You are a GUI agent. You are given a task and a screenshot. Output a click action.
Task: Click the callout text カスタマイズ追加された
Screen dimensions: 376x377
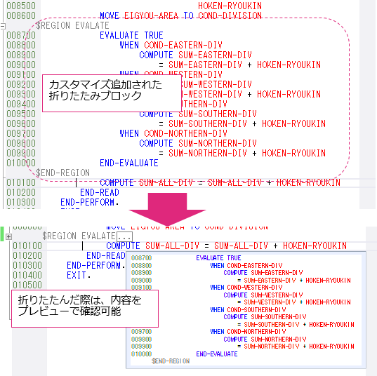[105, 84]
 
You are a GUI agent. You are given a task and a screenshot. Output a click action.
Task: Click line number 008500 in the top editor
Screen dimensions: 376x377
[20, 6]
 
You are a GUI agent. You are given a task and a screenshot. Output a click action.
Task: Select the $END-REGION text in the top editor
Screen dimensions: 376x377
[63, 173]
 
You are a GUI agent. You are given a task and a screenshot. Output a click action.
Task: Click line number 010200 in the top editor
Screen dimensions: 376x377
[20, 192]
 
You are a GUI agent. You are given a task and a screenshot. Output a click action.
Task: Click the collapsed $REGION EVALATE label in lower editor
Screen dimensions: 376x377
[78, 236]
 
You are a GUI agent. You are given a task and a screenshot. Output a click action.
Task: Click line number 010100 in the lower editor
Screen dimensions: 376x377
[27, 246]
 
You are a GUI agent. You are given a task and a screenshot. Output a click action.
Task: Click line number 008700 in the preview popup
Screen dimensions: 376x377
[141, 258]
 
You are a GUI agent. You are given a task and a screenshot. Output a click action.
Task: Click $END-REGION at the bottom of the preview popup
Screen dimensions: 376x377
[171, 361]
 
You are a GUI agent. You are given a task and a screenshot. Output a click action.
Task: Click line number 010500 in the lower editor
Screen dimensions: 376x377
[27, 286]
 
